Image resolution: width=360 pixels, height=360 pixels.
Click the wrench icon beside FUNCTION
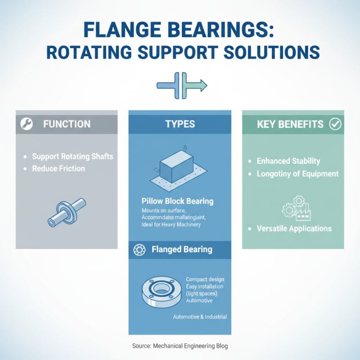click(x=26, y=124)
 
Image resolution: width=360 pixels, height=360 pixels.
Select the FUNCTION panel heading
click(x=67, y=124)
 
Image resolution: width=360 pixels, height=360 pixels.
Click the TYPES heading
click(x=180, y=124)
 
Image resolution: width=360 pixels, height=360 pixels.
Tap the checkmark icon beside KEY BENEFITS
click(x=335, y=124)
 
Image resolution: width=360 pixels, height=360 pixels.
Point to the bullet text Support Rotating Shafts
click(x=72, y=157)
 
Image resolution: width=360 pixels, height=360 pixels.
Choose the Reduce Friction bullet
click(x=58, y=169)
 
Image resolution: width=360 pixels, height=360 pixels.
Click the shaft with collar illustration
click(x=67, y=211)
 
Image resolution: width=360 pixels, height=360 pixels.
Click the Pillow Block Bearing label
click(x=177, y=201)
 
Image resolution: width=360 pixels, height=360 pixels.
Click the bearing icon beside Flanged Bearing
click(x=139, y=249)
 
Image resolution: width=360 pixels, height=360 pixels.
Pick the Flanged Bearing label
click(x=182, y=249)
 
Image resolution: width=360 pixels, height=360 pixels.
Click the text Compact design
click(x=205, y=280)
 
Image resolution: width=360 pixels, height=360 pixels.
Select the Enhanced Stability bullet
click(x=288, y=161)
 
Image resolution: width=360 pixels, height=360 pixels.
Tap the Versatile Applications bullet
click(x=294, y=229)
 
